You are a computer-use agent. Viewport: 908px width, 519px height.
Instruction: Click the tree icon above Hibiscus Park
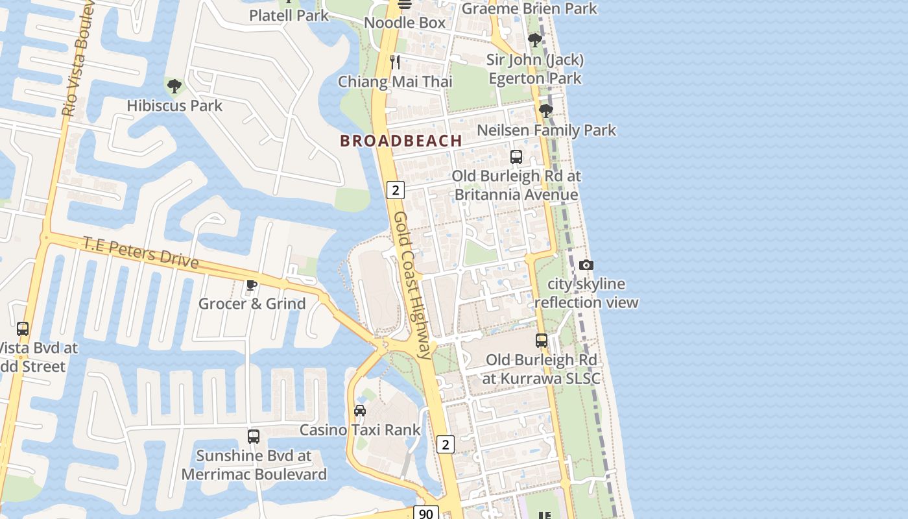tap(174, 86)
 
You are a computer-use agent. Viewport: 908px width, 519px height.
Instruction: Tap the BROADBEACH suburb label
tap(401, 140)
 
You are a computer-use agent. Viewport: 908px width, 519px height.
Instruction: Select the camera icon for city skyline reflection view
tap(586, 265)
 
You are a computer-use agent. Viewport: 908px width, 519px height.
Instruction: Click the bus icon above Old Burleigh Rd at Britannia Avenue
tap(516, 157)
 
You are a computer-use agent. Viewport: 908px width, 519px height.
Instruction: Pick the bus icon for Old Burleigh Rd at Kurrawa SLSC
tap(542, 340)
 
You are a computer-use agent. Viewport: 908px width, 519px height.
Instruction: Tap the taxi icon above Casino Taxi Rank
tap(360, 410)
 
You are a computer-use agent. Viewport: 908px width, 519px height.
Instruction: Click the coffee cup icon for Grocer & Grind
tap(252, 285)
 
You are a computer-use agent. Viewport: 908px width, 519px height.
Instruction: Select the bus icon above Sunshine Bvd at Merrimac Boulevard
tap(254, 436)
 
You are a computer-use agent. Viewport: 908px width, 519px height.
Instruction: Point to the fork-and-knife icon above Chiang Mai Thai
tap(395, 62)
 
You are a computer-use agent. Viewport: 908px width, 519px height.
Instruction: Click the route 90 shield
tap(425, 513)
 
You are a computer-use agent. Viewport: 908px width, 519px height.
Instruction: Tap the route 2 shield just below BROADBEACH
tap(395, 189)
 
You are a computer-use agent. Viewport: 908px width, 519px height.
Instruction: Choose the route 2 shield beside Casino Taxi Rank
tap(445, 444)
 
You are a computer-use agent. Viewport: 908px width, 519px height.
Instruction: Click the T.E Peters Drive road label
tap(140, 252)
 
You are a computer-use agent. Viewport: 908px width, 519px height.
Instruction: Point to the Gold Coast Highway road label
tap(413, 285)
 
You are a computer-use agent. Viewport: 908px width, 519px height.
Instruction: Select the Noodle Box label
tap(405, 23)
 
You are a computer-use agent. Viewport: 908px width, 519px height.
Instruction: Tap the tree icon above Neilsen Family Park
tap(545, 111)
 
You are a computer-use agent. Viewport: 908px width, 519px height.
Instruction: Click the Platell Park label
tap(289, 15)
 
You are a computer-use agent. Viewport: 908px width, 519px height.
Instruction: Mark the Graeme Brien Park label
tap(529, 8)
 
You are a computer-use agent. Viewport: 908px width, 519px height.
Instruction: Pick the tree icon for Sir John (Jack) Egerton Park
tap(534, 40)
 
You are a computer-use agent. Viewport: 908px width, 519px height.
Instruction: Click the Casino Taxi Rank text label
tap(360, 429)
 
